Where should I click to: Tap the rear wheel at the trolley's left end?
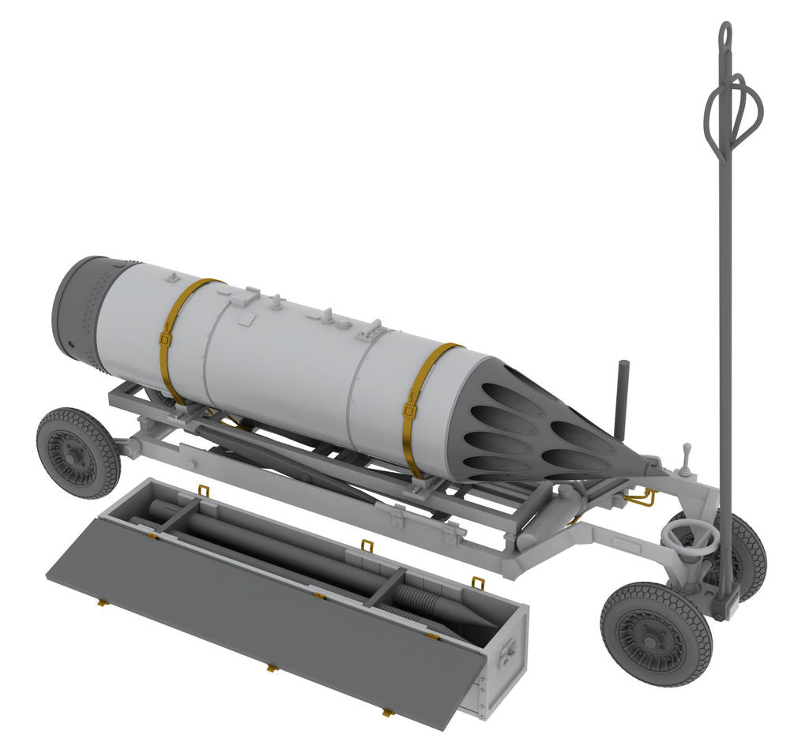tap(77, 452)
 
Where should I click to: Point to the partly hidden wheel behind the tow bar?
tap(747, 553)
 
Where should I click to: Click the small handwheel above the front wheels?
tap(690, 539)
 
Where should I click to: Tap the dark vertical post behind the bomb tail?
tap(622, 399)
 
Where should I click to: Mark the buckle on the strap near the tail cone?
tap(410, 410)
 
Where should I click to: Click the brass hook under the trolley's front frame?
tap(641, 497)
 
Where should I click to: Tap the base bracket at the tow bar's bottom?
tap(725, 604)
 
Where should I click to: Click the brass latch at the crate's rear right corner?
tap(477, 583)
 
